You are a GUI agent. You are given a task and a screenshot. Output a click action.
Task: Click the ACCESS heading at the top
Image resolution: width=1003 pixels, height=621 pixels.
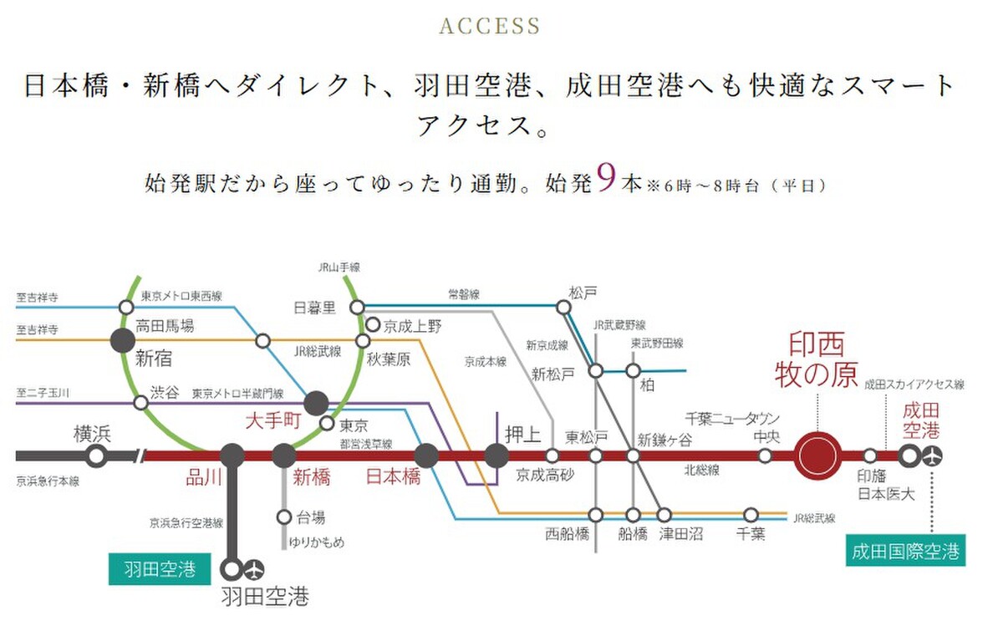tap(490, 26)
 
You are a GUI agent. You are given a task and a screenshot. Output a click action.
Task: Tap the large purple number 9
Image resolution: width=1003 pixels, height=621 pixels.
tap(607, 178)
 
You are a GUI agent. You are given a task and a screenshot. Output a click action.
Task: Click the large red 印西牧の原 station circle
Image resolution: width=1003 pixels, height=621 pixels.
tap(817, 456)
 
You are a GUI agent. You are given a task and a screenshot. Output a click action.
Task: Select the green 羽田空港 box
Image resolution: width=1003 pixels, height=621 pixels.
tap(160, 569)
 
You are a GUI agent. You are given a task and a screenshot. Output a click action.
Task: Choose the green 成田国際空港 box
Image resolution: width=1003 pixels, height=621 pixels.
tap(905, 550)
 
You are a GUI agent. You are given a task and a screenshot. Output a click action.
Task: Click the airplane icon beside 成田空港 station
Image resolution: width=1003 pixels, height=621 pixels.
tap(933, 456)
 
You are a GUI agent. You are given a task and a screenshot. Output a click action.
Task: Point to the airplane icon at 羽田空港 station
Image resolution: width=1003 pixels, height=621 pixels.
tap(254, 569)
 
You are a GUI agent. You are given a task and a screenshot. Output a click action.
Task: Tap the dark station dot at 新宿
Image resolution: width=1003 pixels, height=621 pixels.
tap(123, 341)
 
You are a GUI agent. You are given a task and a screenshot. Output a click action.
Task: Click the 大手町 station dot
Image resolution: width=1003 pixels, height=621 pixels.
tap(316, 403)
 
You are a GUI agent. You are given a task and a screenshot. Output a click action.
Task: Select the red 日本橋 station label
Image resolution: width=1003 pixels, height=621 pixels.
tap(394, 476)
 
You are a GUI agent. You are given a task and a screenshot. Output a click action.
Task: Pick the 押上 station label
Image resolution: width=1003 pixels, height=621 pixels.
tap(523, 435)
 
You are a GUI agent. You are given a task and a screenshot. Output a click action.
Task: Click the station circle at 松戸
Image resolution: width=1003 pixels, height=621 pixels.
tap(563, 308)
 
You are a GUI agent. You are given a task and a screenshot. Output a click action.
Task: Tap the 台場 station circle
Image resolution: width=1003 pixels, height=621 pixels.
tap(284, 517)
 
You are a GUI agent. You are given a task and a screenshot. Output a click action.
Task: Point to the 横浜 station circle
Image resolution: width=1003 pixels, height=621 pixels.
tap(96, 456)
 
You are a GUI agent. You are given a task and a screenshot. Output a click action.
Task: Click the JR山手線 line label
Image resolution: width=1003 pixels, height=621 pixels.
tap(339, 267)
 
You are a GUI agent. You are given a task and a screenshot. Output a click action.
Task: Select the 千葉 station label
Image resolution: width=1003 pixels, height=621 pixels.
tap(751, 534)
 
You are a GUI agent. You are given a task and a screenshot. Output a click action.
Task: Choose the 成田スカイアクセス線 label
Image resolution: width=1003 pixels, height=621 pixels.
tap(914, 384)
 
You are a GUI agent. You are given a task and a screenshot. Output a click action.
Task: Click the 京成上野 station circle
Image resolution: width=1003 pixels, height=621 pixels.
tap(373, 324)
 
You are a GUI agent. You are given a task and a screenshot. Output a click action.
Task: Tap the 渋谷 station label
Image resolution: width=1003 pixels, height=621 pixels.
tap(165, 393)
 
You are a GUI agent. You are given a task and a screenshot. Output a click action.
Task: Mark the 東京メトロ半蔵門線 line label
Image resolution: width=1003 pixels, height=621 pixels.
tap(238, 394)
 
